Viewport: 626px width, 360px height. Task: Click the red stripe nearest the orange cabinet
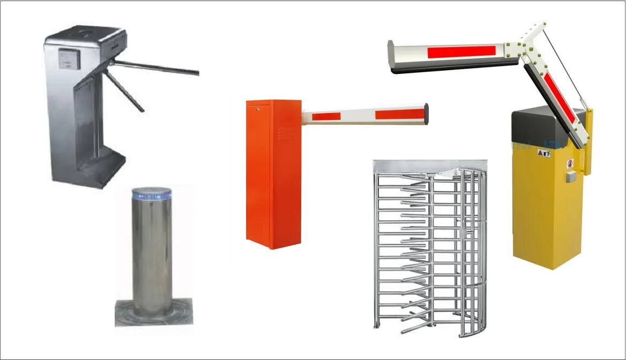coord(326,116)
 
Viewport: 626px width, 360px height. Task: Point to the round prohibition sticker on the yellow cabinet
coord(570,162)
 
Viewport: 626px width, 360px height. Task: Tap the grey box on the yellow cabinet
coord(570,176)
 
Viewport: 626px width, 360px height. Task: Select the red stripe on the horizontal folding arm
coord(461,52)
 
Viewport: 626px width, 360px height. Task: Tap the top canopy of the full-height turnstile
coord(429,167)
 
